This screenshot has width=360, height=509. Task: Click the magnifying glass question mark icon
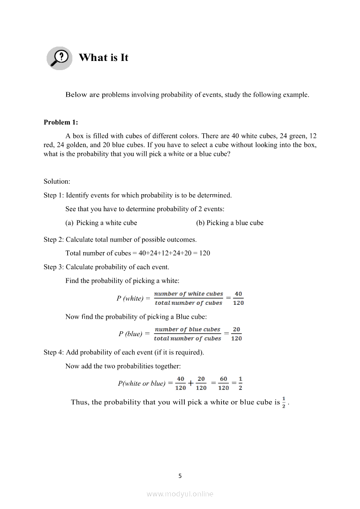tap(59, 58)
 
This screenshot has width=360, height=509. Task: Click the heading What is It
tap(103, 58)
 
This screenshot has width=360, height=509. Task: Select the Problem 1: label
tap(61, 122)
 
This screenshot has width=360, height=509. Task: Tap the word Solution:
tap(57, 181)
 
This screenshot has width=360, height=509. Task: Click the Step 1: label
tap(54, 195)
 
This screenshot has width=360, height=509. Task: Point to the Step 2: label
tap(54, 239)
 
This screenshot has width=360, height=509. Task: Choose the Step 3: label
tap(54, 267)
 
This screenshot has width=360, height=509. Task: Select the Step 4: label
tap(54, 352)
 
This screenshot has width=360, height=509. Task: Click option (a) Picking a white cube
tap(101, 223)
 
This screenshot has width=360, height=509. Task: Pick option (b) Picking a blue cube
tap(230, 223)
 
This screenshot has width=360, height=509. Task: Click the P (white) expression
tap(130, 299)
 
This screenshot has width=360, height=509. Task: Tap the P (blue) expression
tap(130, 334)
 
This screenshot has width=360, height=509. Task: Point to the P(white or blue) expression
tap(142, 384)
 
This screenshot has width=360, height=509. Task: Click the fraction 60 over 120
tap(223, 383)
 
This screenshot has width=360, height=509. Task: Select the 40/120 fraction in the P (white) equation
tap(238, 298)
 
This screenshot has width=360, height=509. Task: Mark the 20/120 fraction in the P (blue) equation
tap(236, 334)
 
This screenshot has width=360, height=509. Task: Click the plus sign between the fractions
tap(191, 384)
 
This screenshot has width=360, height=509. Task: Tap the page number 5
tap(180, 476)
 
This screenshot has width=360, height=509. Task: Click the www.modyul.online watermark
tap(180, 494)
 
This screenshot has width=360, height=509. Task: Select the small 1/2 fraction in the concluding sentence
tap(284, 402)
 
